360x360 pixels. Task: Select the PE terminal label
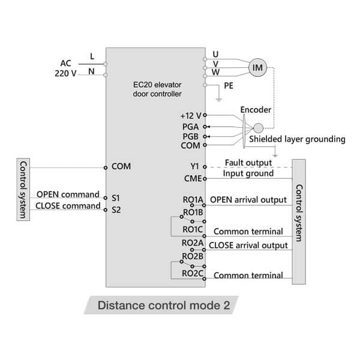pos(229,86)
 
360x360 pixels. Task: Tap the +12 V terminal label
pos(191,115)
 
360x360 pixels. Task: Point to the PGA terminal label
pos(191,126)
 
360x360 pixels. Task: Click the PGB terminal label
pos(191,136)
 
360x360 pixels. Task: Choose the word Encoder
pos(256,110)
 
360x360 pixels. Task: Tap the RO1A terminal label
pos(193,199)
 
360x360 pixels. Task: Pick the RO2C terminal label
pos(193,274)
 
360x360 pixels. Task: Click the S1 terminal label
pos(116,197)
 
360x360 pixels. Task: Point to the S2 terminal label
pos(116,210)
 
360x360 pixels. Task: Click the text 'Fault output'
pos(249,163)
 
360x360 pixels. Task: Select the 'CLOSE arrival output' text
pos(248,245)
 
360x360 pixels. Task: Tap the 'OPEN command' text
pos(68,194)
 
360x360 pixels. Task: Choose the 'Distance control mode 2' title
pos(164,305)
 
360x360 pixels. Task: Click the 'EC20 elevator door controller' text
pos(157,89)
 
